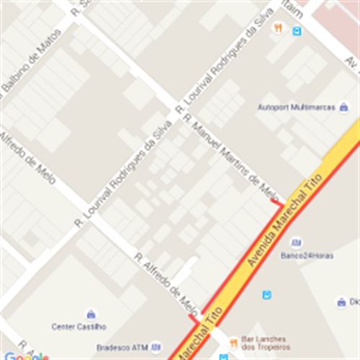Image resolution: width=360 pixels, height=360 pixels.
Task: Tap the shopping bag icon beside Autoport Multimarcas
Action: [x=343, y=107]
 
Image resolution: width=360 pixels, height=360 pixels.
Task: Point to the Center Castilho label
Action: [x=78, y=326]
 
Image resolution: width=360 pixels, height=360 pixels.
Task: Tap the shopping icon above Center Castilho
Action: [x=91, y=315]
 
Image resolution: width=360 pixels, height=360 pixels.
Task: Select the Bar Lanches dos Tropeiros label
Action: [x=264, y=343]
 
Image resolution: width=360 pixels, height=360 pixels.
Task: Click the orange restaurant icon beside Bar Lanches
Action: [x=234, y=343]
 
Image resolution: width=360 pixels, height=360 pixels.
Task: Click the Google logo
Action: [x=26, y=356]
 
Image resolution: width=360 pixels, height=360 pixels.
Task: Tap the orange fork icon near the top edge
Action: [x=278, y=28]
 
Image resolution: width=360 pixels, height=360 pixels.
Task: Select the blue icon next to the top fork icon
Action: [x=296, y=31]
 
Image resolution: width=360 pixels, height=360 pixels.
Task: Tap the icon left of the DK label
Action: [x=341, y=302]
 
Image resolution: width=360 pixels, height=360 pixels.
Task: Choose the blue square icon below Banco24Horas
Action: [x=267, y=294]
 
